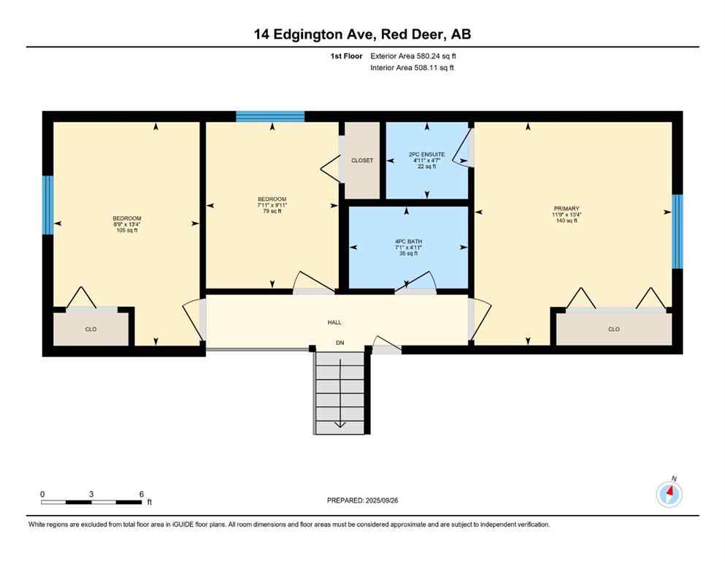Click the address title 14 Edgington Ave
(362, 34)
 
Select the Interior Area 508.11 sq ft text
(413, 68)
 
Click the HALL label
(334, 322)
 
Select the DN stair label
(340, 343)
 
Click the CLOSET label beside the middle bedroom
(362, 160)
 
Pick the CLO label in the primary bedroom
(613, 329)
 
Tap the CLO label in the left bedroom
(91, 329)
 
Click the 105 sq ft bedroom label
(126, 224)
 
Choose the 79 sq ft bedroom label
(272, 205)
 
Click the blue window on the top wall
(270, 116)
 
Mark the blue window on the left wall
(48, 205)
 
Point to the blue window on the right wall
(677, 232)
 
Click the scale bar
(91, 502)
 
